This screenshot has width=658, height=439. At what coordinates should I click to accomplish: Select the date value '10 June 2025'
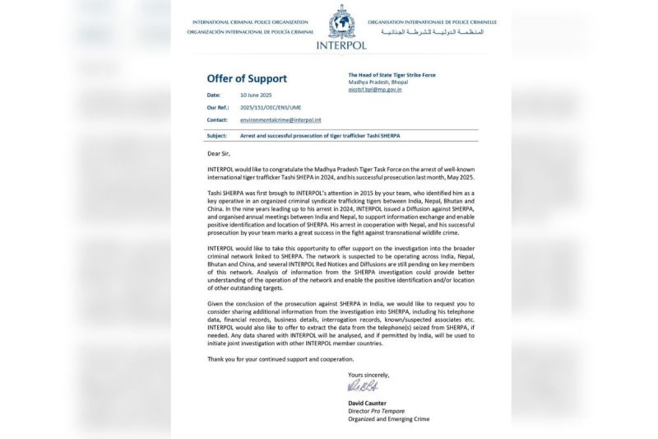click(x=255, y=96)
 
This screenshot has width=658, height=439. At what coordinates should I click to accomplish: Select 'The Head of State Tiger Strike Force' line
click(x=392, y=75)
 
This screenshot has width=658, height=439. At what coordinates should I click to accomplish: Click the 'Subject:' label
click(x=220, y=134)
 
